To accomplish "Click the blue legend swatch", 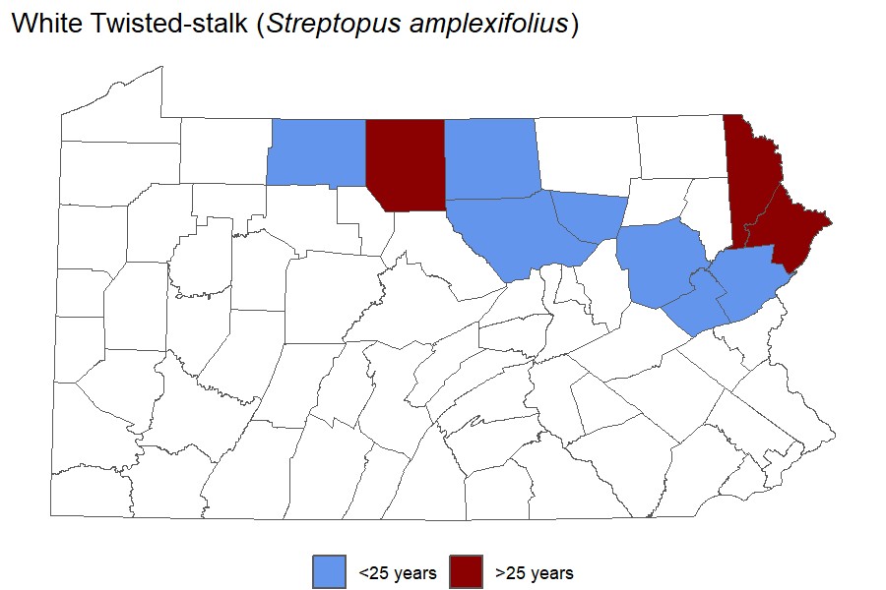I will (x=329, y=571).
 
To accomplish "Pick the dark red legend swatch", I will (x=467, y=571).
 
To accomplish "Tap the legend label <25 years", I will (x=397, y=572).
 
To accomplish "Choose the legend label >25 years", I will (x=535, y=572).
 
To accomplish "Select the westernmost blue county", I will (x=315, y=152).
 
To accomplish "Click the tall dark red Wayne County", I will (x=750, y=172).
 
